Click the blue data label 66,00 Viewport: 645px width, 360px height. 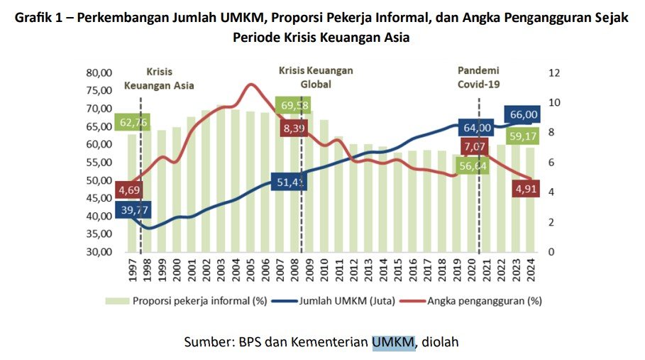[x=524, y=115]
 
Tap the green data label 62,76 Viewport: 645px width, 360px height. [x=133, y=123]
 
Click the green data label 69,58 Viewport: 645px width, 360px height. [x=294, y=106]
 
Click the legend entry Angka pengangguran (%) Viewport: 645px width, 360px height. [x=485, y=300]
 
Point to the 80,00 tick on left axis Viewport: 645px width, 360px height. [x=99, y=72]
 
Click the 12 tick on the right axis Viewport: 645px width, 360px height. [x=555, y=72]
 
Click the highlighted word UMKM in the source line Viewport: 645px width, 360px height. [x=392, y=342]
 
